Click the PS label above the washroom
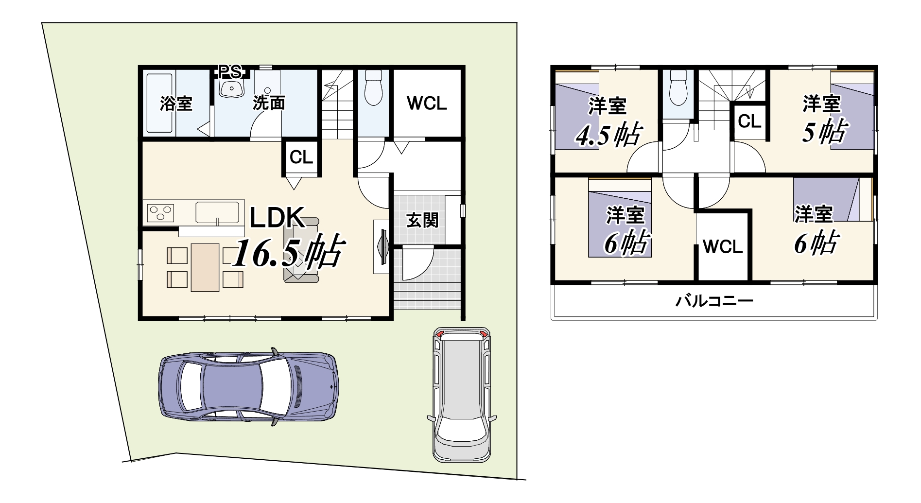pyautogui.click(x=230, y=72)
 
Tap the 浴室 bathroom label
pyautogui.click(x=176, y=103)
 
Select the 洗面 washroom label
pyautogui.click(x=268, y=103)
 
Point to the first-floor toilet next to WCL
pyautogui.click(x=374, y=87)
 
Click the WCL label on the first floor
pyautogui.click(x=427, y=103)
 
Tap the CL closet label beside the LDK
pyautogui.click(x=301, y=157)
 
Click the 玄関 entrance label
pyautogui.click(x=422, y=220)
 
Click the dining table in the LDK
pyautogui.click(x=205, y=267)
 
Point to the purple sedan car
pyautogui.click(x=248, y=387)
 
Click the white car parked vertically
pyautogui.click(x=462, y=394)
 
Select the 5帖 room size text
pyautogui.click(x=826, y=131)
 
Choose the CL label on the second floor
pyautogui.click(x=749, y=121)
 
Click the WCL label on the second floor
pyautogui.click(x=723, y=247)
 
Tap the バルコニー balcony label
pyautogui.click(x=714, y=301)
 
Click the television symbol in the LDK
pyautogui.click(x=382, y=247)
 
